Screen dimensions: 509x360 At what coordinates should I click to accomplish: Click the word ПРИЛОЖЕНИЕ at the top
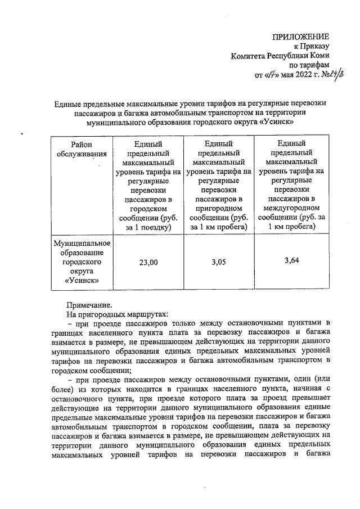pos(300,37)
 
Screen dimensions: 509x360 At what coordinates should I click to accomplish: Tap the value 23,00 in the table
pos(149,262)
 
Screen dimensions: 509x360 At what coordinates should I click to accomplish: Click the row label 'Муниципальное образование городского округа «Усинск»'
pos(82,262)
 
